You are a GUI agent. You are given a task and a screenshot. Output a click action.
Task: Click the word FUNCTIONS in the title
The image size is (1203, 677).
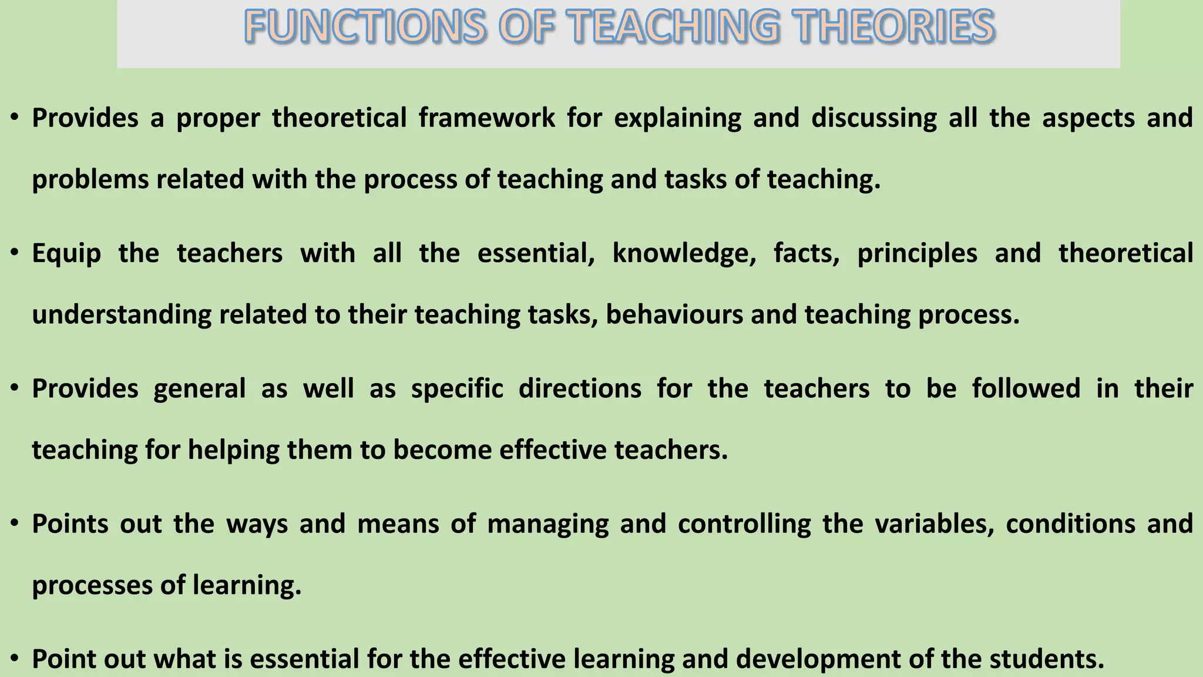pyautogui.click(x=365, y=28)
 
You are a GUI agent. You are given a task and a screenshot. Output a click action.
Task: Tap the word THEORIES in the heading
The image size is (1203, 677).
pyautogui.click(x=892, y=28)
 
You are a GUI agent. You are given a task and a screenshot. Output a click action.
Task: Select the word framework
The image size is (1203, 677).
pyautogui.click(x=486, y=118)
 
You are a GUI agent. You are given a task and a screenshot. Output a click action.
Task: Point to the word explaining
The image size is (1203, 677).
pyautogui.click(x=677, y=118)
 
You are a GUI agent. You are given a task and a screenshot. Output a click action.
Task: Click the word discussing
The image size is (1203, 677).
pyautogui.click(x=873, y=118)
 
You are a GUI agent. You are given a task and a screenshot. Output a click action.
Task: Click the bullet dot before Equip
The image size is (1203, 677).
pyautogui.click(x=15, y=253)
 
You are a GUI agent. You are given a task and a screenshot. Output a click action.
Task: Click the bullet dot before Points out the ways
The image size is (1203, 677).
pyautogui.click(x=15, y=524)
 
